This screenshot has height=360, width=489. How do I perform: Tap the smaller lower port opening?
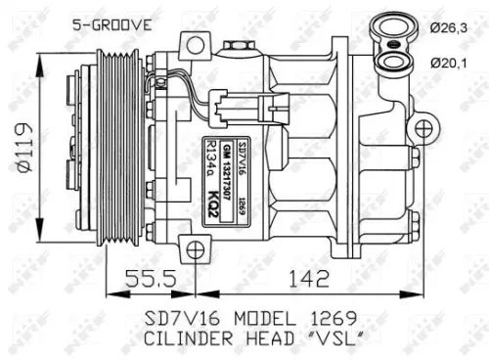394,63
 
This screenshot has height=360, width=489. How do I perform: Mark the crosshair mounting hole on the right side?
423,129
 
